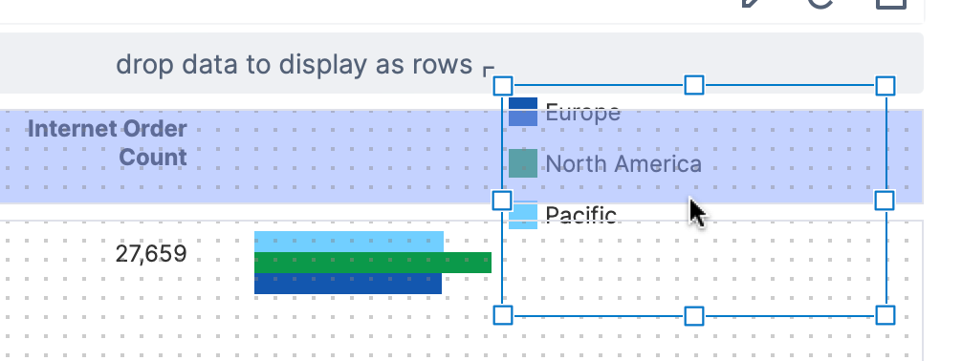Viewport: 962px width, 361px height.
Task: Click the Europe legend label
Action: pos(583,113)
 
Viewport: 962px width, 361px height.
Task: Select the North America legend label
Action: pos(623,164)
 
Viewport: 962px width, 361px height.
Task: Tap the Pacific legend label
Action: pos(581,215)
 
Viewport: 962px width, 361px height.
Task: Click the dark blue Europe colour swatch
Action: pos(523,112)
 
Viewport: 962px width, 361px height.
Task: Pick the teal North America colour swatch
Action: pos(523,163)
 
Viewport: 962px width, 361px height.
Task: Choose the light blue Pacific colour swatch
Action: pos(523,215)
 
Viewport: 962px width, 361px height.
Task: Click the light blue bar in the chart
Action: pos(348,242)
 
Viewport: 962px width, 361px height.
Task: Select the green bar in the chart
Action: pos(372,263)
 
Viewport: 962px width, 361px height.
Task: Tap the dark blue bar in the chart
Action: pos(348,283)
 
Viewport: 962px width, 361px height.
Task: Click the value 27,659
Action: pos(151,254)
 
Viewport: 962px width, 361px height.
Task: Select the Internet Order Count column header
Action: pos(107,143)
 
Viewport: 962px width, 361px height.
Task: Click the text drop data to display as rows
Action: pos(295,64)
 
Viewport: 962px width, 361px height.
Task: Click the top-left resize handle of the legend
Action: pos(503,86)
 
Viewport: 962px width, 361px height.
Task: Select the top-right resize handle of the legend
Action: pos(885,86)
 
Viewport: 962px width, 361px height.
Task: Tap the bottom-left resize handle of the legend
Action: pos(503,316)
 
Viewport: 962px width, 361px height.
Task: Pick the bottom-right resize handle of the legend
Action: pos(885,316)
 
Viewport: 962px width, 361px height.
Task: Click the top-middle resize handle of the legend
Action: pos(694,85)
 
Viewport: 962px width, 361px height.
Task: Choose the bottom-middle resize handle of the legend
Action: pos(694,316)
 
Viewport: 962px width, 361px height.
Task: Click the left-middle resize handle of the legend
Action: pos(502,201)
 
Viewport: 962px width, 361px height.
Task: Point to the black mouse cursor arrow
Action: pos(697,213)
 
